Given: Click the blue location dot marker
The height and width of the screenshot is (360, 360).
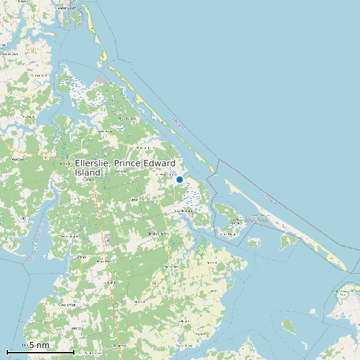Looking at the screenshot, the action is point(179,179).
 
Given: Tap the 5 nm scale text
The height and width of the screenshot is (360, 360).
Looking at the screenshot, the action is point(39,345).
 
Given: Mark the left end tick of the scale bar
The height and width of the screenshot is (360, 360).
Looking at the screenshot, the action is point(7,351).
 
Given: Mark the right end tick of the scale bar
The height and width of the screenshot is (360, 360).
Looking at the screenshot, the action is point(73,351).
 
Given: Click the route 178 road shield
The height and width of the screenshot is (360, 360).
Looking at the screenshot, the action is point(153,284).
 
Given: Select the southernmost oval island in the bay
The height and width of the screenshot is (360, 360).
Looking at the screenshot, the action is point(288,325).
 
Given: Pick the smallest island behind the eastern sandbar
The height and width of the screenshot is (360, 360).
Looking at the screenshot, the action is point(253,242).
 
